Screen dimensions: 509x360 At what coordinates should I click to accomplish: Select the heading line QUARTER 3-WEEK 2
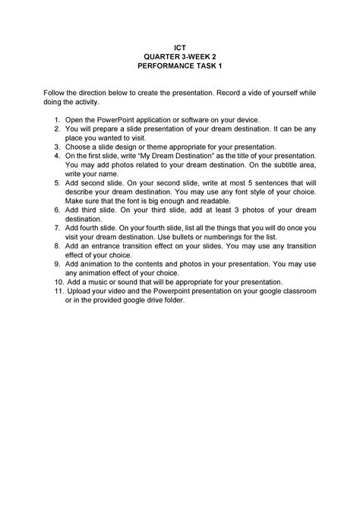coord(180,55)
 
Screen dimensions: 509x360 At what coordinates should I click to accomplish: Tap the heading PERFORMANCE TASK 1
coord(180,66)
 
